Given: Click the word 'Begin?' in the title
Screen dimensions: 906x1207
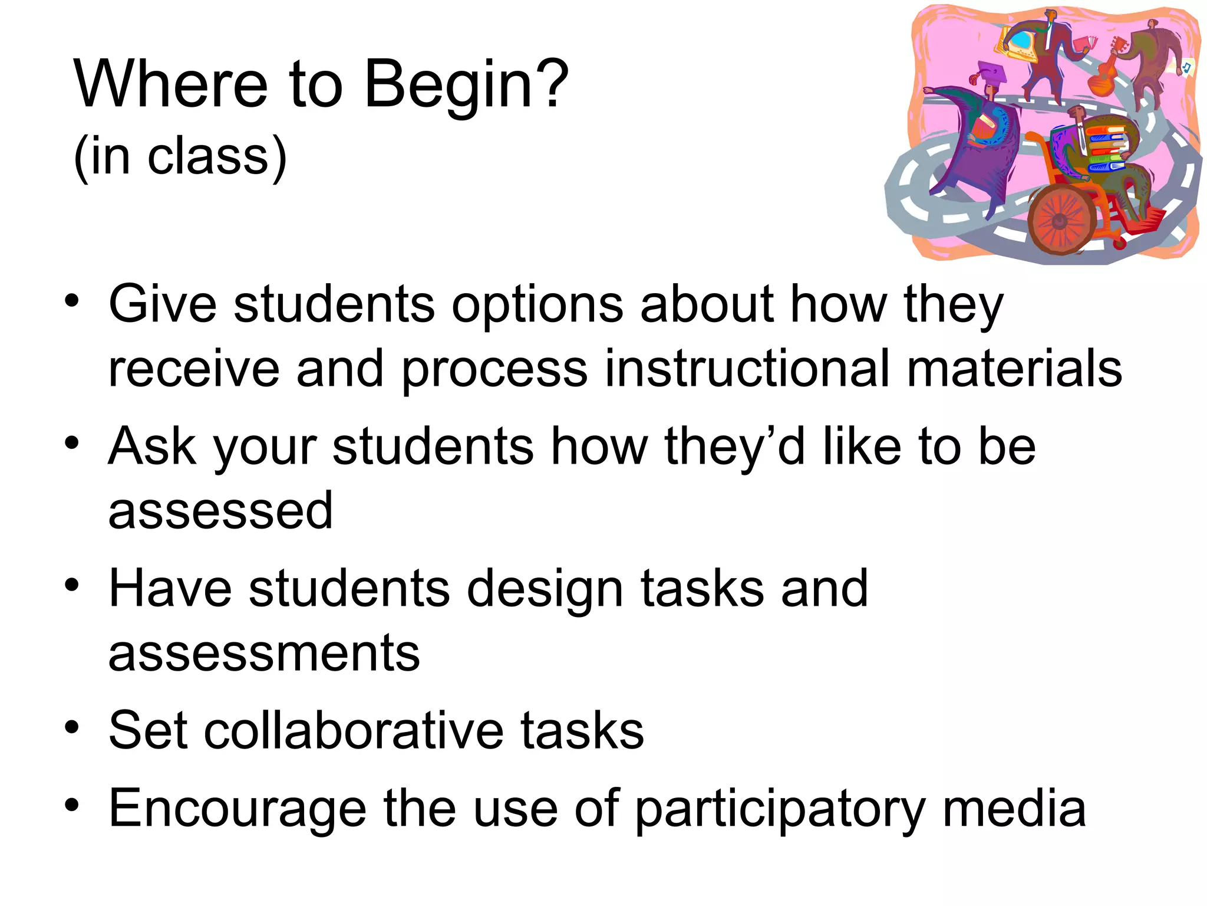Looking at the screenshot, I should tap(466, 86).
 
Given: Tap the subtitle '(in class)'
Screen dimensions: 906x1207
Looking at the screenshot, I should tap(180, 156).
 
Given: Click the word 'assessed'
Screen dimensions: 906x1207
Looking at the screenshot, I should tap(220, 510).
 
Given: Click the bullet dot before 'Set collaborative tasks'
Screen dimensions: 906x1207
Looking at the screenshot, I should tap(72, 727).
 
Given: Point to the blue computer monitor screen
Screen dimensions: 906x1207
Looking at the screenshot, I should tap(1019, 42).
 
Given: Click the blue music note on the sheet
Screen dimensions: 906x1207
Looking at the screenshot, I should tap(1187, 67).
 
